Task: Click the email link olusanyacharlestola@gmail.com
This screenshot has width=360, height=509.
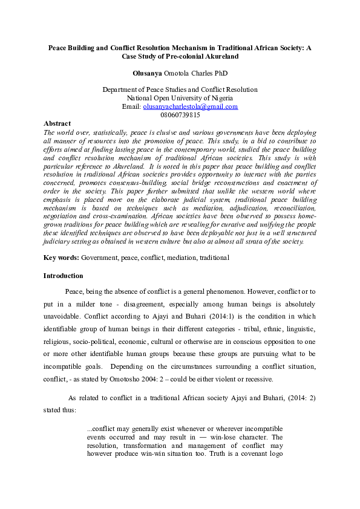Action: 190,106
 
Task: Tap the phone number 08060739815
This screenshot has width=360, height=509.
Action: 180,115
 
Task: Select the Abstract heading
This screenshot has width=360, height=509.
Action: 57,123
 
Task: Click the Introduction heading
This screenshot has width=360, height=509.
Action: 63,276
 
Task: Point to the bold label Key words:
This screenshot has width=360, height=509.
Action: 61,258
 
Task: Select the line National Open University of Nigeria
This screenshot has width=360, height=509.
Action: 180,98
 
